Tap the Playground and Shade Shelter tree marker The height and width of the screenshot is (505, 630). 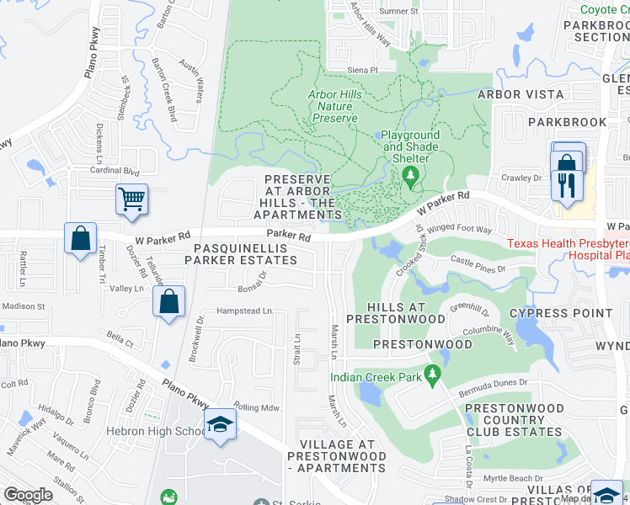coord(411,175)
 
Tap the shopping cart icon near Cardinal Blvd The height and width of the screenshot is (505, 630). coord(131,200)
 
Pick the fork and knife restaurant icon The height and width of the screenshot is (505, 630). coord(563,184)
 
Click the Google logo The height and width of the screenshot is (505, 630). coord(28,495)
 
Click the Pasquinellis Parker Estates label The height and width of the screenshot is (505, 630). coord(246,254)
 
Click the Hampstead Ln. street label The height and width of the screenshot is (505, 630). coord(245,311)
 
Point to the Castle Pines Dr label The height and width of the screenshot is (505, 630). coord(477,265)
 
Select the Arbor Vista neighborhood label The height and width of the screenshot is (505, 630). coord(521,94)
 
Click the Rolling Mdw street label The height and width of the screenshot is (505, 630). coord(257,407)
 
